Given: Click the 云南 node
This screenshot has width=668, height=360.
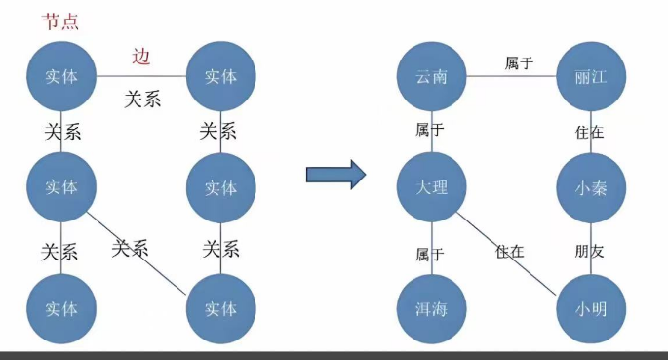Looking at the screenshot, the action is click(x=432, y=77).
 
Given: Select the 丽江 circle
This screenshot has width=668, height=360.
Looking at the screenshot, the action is click(x=591, y=77).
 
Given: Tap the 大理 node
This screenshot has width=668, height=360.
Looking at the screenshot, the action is click(x=432, y=187).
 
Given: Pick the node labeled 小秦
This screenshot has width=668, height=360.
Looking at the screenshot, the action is click(x=591, y=188).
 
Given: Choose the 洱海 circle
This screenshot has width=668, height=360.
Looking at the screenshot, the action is click(x=432, y=309).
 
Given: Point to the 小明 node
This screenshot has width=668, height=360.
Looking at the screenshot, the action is click(x=591, y=309).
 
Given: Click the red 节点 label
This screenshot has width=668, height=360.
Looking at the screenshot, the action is click(x=60, y=21).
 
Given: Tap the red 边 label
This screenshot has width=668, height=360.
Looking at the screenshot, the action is click(x=141, y=57).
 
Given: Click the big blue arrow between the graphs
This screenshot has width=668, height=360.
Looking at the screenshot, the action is click(x=336, y=175).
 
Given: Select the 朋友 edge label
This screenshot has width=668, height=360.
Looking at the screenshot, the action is click(x=589, y=252).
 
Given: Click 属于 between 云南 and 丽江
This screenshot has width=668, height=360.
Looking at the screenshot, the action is click(x=519, y=63).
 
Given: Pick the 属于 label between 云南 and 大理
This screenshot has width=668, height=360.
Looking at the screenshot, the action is click(x=429, y=129).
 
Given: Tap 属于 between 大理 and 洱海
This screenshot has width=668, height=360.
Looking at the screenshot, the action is click(x=429, y=255).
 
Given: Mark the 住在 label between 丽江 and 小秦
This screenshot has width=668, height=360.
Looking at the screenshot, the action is click(x=589, y=132).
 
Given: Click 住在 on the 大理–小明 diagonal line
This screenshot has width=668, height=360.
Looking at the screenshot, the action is click(x=509, y=252).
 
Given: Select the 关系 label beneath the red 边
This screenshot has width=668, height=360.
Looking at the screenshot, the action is click(x=142, y=100).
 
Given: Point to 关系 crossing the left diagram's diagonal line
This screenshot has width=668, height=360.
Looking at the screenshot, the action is click(x=130, y=248).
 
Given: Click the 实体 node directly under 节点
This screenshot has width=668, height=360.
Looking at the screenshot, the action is click(x=61, y=76).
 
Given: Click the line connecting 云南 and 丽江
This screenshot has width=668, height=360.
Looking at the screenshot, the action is click(x=512, y=77).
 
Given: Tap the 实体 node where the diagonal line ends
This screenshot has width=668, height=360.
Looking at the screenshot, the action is click(x=221, y=309).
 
